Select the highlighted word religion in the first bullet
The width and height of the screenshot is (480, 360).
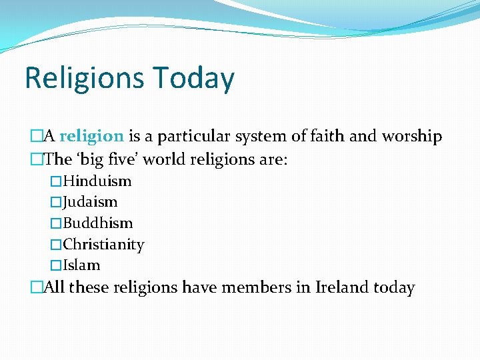pyautogui.click(x=91, y=137)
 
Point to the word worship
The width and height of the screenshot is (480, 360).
pyautogui.click(x=411, y=137)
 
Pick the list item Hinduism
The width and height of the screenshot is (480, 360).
pyautogui.click(x=97, y=181)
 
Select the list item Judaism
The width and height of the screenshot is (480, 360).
pyautogui.click(x=90, y=202)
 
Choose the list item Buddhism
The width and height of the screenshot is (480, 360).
pyautogui.click(x=98, y=223)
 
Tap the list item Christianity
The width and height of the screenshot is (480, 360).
pyautogui.click(x=103, y=245)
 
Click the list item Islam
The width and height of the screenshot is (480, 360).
pyautogui.click(x=81, y=265)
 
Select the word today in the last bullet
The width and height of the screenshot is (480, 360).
pyautogui.click(x=394, y=288)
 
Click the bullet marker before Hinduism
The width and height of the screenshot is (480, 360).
pyautogui.click(x=56, y=181)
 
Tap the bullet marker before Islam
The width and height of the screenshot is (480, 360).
pyautogui.click(x=56, y=265)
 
